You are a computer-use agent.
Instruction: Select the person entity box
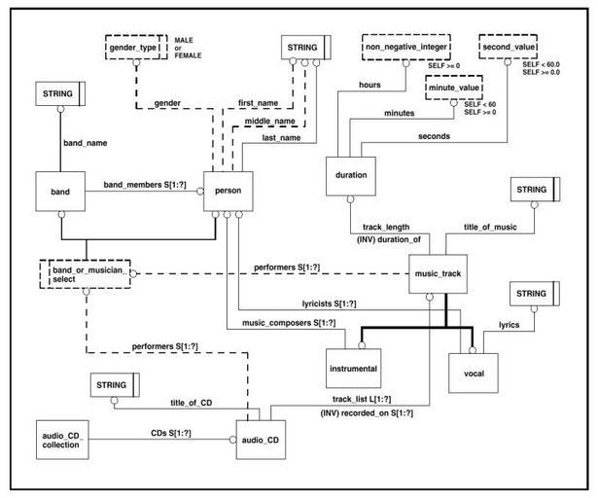coord(229,193)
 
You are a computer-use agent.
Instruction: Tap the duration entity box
coord(351,175)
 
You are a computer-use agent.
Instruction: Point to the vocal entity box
coord(474,373)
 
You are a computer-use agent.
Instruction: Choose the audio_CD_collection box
coord(60,439)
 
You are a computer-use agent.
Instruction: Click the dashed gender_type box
coord(135,47)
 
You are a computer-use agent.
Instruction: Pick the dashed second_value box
coord(508,47)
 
